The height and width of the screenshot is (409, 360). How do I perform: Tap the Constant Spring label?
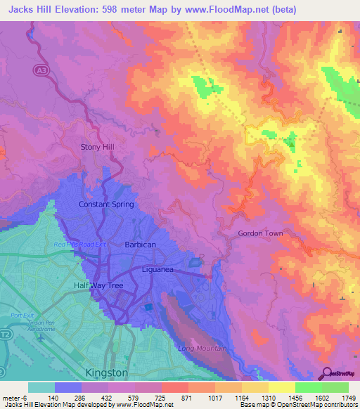105,204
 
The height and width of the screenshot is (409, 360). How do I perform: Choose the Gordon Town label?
259,233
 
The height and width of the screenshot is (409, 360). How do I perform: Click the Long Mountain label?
202,349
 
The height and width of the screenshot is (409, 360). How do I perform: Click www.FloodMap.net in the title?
226,9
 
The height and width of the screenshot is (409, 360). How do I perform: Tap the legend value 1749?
347,398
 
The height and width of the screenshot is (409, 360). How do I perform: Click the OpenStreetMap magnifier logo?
326,375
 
